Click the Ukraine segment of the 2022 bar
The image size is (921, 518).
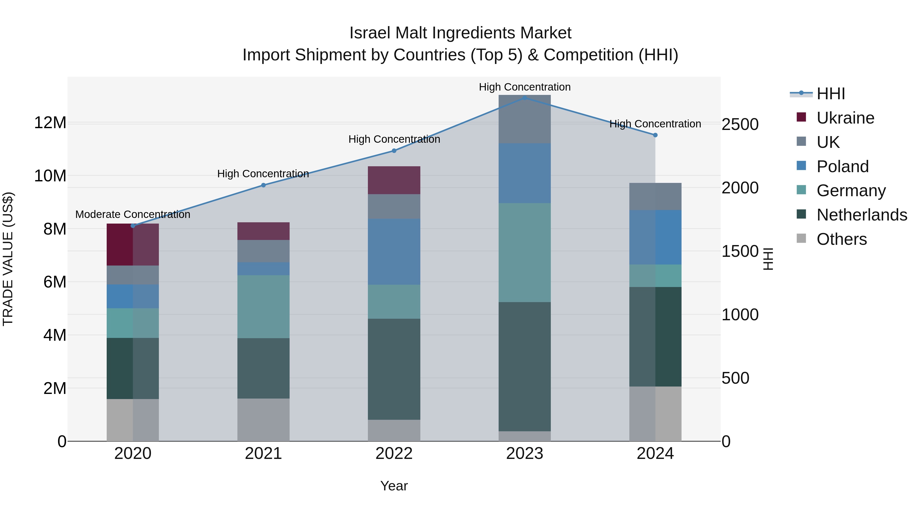coord(394,180)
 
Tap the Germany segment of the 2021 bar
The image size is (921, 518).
coord(264,306)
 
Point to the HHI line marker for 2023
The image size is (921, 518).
coord(524,98)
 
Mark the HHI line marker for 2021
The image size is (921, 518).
coord(264,185)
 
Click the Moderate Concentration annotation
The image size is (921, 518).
coord(133,215)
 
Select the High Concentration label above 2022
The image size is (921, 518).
coord(394,139)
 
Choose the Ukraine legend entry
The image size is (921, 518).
coord(845,118)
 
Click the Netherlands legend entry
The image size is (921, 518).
coord(862,215)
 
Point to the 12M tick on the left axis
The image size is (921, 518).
coord(50,123)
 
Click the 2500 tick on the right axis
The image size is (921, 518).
coord(740,124)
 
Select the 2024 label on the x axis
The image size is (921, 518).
coord(655,454)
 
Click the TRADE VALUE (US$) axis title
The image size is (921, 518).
coord(8,259)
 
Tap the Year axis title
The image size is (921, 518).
coord(394,486)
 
